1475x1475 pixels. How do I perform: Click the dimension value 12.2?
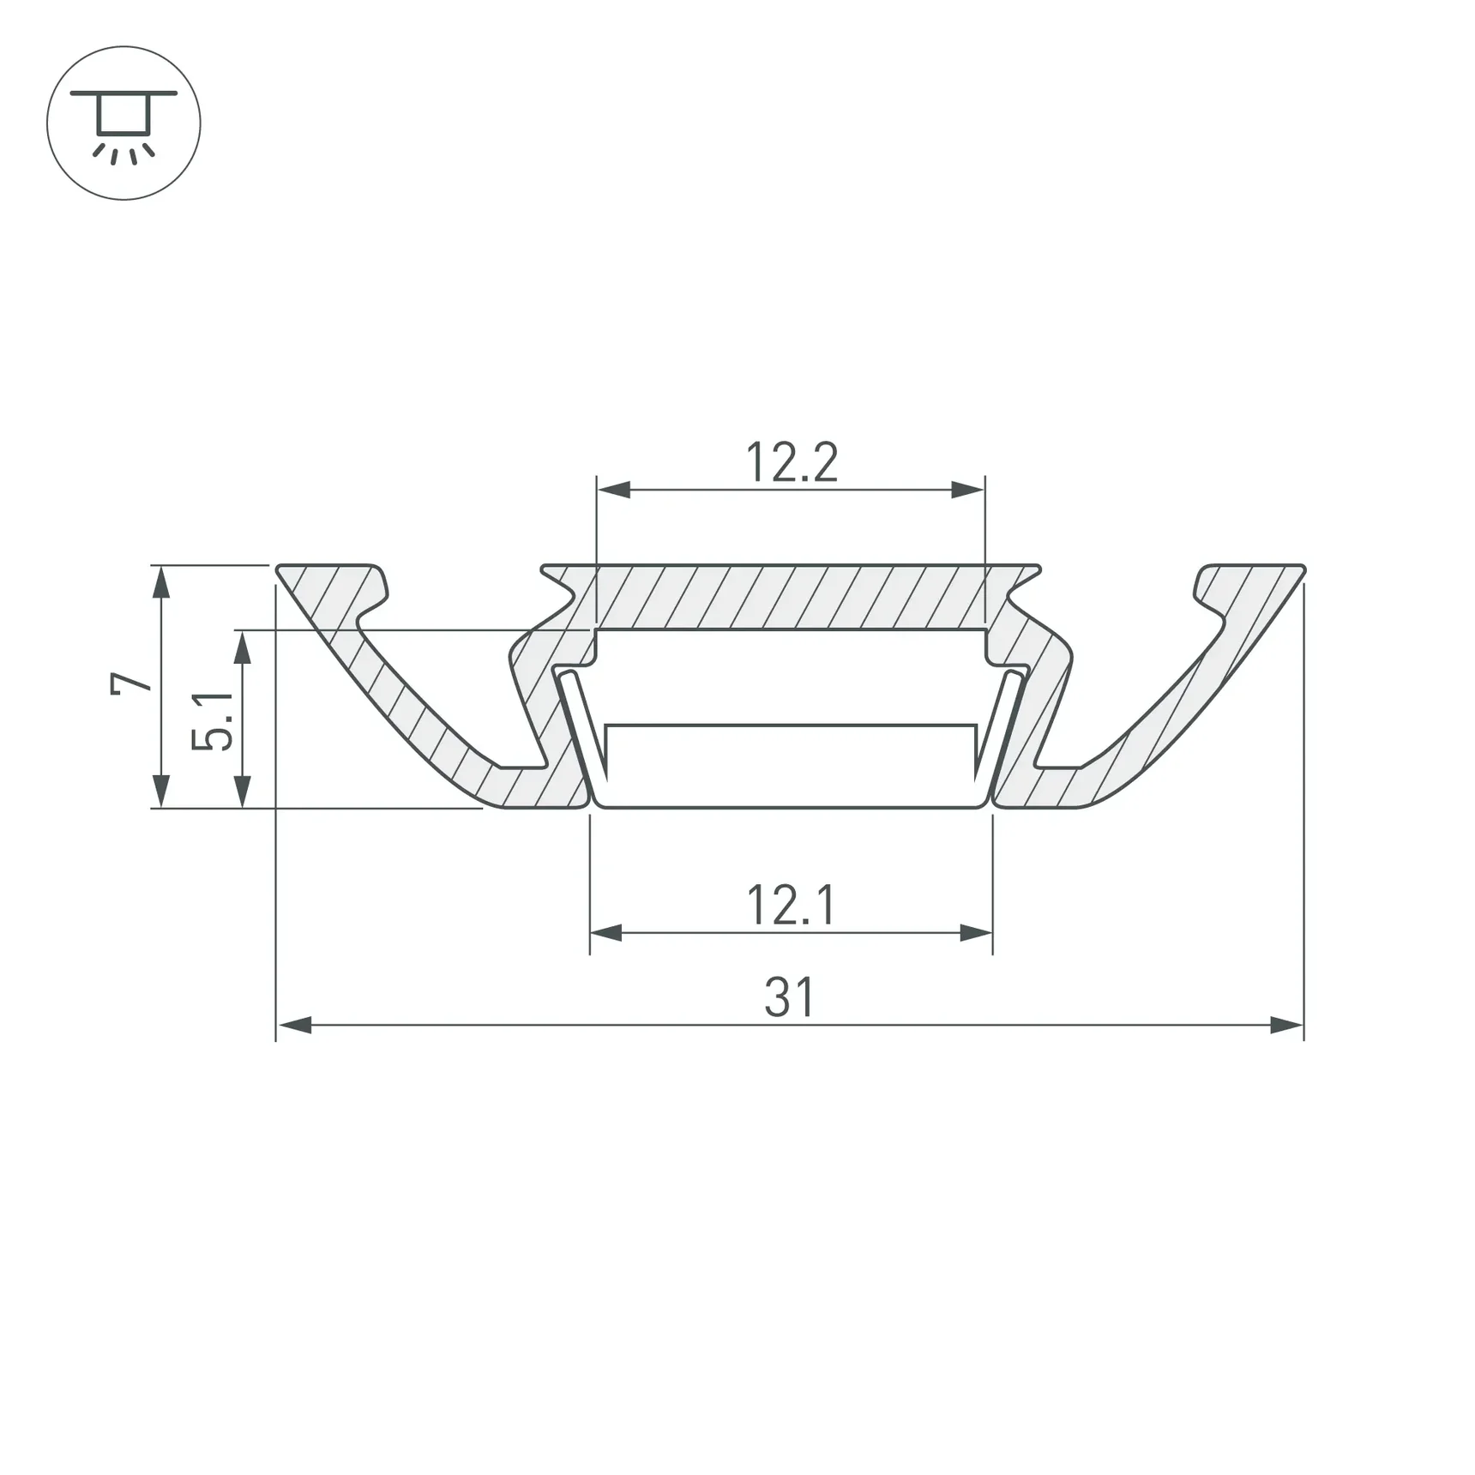[792, 462]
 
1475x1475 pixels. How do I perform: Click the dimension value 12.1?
[791, 906]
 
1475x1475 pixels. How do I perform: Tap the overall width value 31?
[789, 997]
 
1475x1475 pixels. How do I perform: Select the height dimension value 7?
[131, 683]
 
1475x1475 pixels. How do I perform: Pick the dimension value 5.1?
[212, 720]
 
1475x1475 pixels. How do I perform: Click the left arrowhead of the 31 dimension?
[294, 1025]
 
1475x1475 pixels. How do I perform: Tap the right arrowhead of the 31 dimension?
[1286, 1025]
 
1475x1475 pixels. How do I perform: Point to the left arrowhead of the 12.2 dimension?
[614, 491]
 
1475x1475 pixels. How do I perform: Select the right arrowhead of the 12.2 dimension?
[968, 491]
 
